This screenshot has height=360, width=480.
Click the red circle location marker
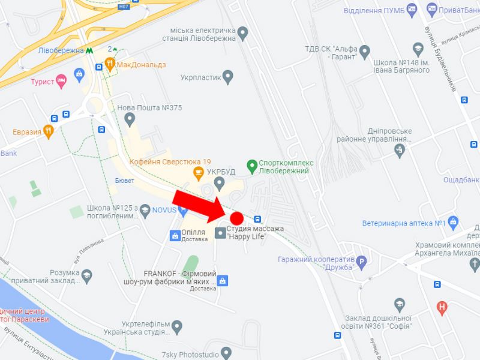click(x=236, y=218)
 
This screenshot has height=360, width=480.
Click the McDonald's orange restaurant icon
click(x=110, y=64)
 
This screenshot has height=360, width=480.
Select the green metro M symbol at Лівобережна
click(x=89, y=50)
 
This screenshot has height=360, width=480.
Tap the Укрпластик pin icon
click(x=227, y=77)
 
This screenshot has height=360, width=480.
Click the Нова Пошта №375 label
click(x=149, y=108)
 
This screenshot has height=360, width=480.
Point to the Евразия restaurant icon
click(x=49, y=131)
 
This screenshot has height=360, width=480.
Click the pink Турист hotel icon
click(x=61, y=82)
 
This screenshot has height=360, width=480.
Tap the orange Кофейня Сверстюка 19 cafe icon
click(x=197, y=173)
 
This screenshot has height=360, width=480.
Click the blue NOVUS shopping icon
click(x=184, y=209)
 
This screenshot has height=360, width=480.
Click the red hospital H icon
click(x=443, y=308)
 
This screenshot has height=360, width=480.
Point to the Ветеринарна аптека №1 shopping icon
click(x=453, y=223)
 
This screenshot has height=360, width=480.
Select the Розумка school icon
click(x=88, y=275)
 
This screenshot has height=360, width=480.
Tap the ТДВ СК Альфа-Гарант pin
click(x=364, y=50)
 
